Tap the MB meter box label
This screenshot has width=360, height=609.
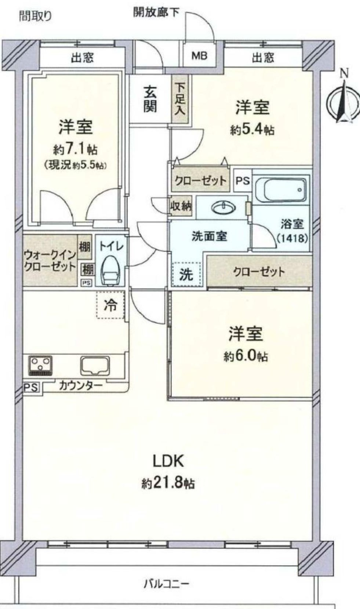click(199, 56)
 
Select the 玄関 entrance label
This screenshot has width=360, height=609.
click(150, 99)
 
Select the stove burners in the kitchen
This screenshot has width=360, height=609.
click(40, 366)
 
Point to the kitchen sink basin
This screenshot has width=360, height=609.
click(95, 366)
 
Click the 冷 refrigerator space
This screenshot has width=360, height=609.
click(110, 305)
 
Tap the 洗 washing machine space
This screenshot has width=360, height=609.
click(187, 274)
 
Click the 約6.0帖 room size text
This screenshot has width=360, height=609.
click(246, 356)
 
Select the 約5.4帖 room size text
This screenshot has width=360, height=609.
click(252, 130)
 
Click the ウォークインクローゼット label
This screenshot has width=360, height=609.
click(50, 261)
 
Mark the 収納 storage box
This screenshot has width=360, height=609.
click(181, 206)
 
